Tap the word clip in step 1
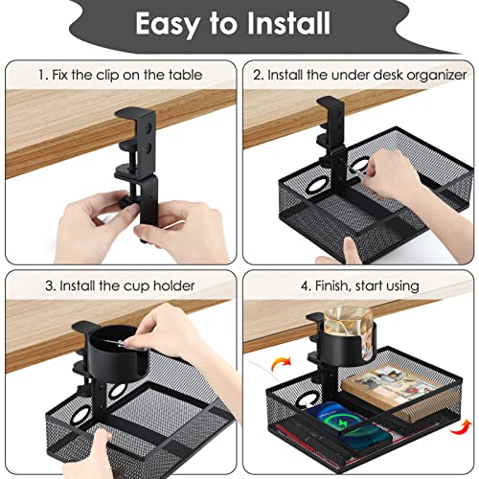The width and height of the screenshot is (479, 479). (107, 76)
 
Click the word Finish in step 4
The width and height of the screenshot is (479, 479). (333, 285)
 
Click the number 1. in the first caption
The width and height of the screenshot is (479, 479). (43, 76)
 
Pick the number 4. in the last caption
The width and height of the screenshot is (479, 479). (306, 286)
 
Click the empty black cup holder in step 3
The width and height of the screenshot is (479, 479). (117, 353)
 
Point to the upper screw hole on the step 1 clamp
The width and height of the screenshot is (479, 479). (148, 128)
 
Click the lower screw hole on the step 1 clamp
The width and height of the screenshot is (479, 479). (148, 148)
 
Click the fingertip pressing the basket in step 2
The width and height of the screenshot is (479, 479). (350, 247)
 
